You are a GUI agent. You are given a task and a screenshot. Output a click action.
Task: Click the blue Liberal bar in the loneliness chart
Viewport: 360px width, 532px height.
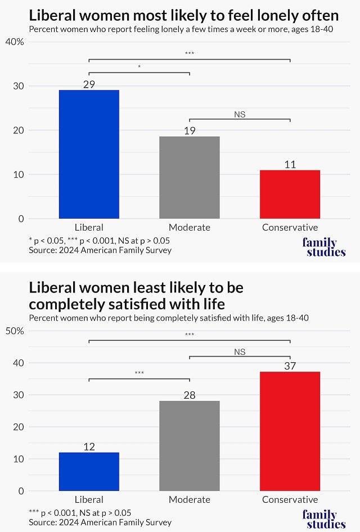pyautogui.click(x=89, y=154)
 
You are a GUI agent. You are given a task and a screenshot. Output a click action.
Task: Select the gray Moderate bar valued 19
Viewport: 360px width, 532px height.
pyautogui.click(x=190, y=177)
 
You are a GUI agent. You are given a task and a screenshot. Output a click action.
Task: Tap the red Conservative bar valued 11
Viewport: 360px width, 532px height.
pyautogui.click(x=290, y=194)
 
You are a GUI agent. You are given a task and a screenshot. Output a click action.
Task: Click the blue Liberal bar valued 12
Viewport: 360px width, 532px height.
pyautogui.click(x=89, y=471)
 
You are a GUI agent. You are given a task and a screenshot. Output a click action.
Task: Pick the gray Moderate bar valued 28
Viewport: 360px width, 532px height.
pyautogui.click(x=190, y=445)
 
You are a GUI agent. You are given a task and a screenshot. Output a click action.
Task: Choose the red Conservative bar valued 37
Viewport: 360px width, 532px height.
pyautogui.click(x=290, y=431)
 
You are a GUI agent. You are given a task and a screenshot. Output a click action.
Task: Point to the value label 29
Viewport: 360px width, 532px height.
pyautogui.click(x=89, y=84)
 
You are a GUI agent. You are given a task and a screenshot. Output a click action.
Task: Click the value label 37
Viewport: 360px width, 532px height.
pyautogui.click(x=290, y=366)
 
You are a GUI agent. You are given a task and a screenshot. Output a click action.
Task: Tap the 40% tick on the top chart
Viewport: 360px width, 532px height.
pyautogui.click(x=15, y=42)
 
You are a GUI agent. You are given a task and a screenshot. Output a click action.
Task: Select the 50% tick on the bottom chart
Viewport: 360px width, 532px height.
pyautogui.click(x=15, y=331)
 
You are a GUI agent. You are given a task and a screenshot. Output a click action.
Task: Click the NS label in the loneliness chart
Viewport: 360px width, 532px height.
pyautogui.click(x=240, y=115)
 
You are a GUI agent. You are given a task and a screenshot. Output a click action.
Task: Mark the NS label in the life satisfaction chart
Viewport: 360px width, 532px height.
pyautogui.click(x=240, y=352)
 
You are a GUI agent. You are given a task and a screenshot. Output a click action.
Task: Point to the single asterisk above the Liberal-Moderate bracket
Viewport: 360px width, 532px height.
pyautogui.click(x=139, y=67)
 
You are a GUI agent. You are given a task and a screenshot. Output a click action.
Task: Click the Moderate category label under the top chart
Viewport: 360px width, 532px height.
pyautogui.click(x=190, y=228)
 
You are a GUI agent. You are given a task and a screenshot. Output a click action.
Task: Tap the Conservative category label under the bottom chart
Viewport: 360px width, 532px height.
pyautogui.click(x=290, y=499)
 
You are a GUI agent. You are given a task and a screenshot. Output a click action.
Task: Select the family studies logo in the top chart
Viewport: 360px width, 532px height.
pyautogui.click(x=323, y=247)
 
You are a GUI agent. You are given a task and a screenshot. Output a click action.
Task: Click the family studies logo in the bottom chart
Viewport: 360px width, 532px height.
pyautogui.click(x=323, y=519)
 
